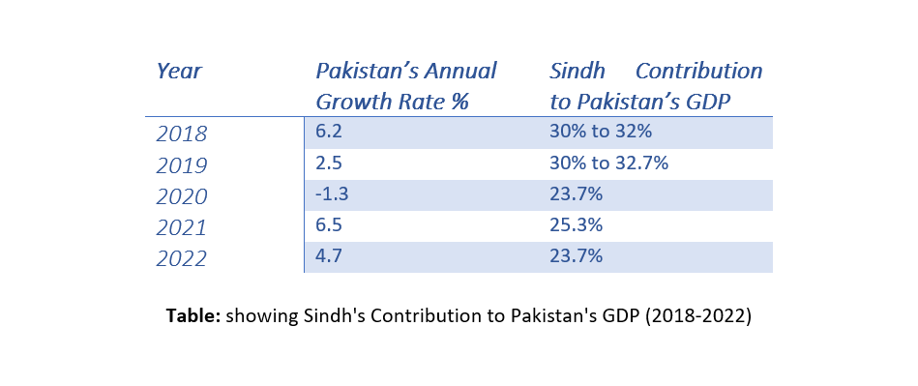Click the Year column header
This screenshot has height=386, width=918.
click(x=179, y=72)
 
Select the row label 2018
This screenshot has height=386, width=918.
click(x=182, y=134)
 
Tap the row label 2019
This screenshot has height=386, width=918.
click(x=182, y=165)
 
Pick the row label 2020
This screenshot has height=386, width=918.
click(x=182, y=196)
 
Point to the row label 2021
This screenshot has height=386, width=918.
click(x=182, y=228)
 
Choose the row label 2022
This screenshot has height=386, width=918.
click(x=182, y=259)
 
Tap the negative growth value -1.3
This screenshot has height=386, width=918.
click(x=332, y=193)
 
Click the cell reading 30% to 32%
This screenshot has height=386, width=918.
click(x=601, y=132)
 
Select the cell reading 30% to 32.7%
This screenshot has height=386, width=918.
click(x=608, y=163)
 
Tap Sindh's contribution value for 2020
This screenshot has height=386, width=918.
click(x=577, y=193)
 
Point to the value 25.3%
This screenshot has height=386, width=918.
click(x=577, y=225)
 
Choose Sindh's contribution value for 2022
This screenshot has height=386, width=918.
click(x=577, y=256)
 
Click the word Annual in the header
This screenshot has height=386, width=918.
click(x=460, y=72)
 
